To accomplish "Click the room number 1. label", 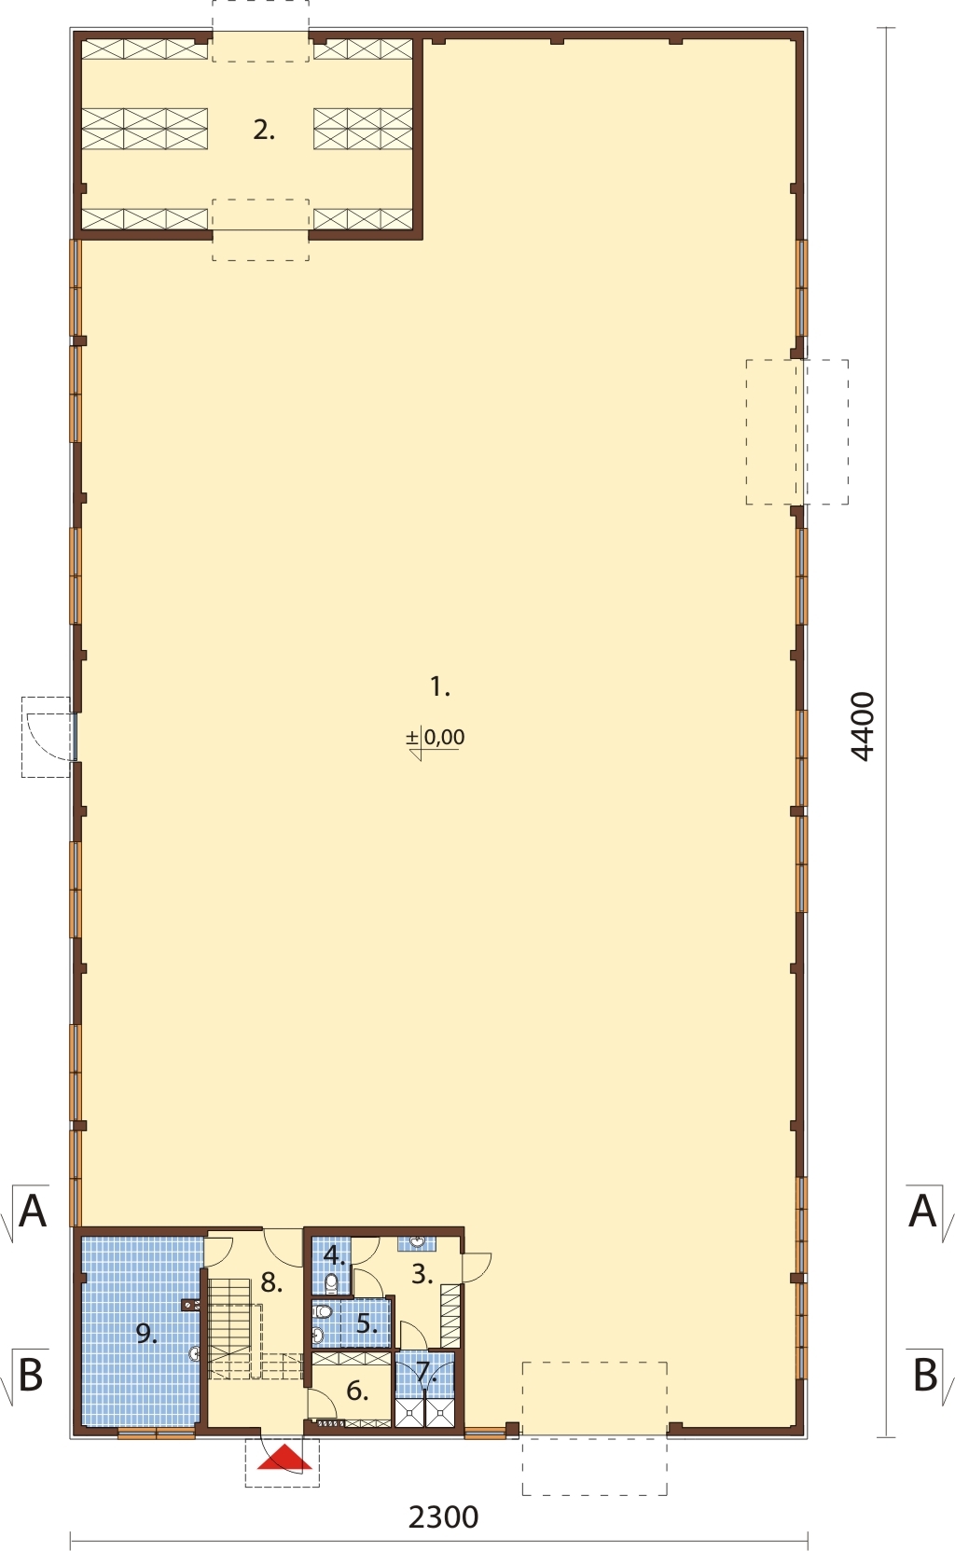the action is pyautogui.click(x=440, y=686).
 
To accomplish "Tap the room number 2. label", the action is pyautogui.click(x=264, y=130).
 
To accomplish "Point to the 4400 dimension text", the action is pyautogui.click(x=863, y=727).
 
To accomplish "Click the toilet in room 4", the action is pyautogui.click(x=332, y=1282).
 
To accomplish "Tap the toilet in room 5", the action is pyautogui.click(x=322, y=1310).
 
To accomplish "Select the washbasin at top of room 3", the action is pyautogui.click(x=417, y=1242).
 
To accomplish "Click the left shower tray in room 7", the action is pyautogui.click(x=408, y=1413).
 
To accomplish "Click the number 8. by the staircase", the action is pyautogui.click(x=271, y=1282).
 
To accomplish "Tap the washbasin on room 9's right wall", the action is pyautogui.click(x=195, y=1353).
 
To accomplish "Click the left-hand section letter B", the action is pyautogui.click(x=31, y=1375).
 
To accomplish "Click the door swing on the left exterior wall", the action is pyautogui.click(x=47, y=736).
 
